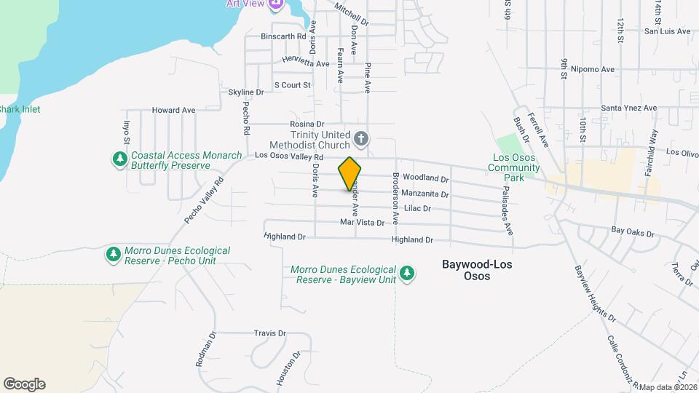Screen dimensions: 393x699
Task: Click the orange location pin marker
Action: (x=349, y=173)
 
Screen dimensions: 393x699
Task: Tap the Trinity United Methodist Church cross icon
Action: (x=360, y=138)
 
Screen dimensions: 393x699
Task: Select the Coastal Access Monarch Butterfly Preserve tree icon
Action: (x=119, y=159)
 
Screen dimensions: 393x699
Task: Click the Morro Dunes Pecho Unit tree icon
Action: (x=113, y=254)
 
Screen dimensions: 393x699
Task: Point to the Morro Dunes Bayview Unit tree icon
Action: (x=408, y=273)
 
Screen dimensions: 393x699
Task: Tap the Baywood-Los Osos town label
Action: (x=477, y=270)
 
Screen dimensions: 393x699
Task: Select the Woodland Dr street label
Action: (x=424, y=178)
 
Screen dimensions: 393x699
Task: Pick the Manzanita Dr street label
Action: (x=426, y=194)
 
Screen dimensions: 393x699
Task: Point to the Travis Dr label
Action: (x=269, y=333)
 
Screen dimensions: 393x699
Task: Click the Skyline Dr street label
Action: (x=246, y=92)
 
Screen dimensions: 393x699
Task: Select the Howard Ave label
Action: (x=173, y=111)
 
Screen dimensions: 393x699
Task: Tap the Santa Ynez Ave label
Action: (x=628, y=108)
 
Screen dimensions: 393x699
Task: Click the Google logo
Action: (x=24, y=384)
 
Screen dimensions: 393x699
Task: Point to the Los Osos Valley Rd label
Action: (x=289, y=156)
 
